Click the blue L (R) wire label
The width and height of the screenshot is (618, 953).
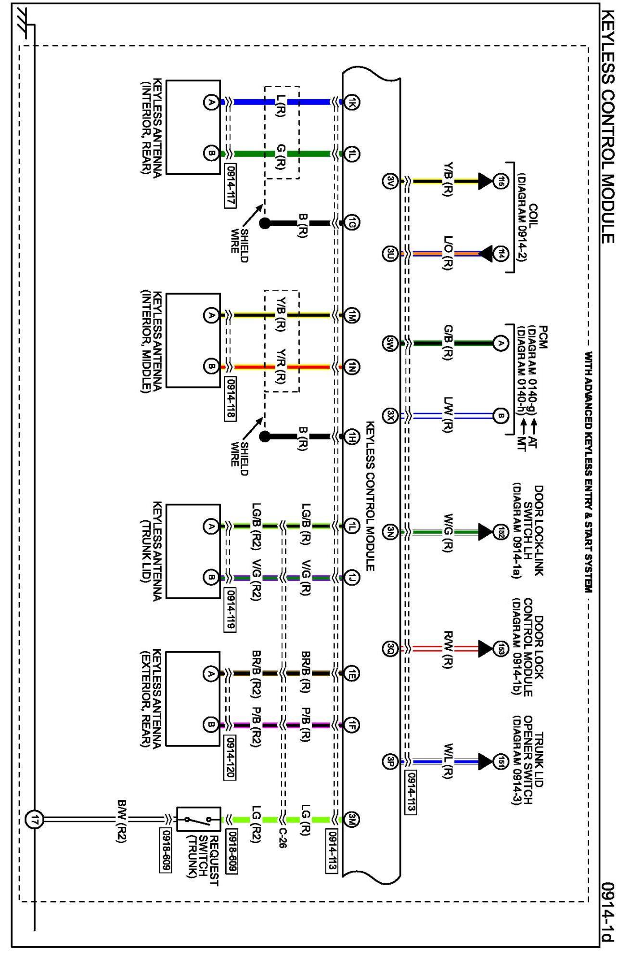[281, 105]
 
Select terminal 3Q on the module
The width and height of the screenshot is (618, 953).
[391, 649]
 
